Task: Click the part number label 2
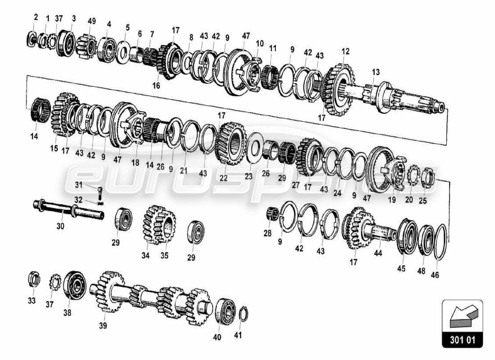click(x=36, y=18)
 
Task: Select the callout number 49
click(x=92, y=21)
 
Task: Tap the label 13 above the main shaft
click(x=376, y=72)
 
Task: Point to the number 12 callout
click(x=345, y=52)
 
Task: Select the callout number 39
click(x=103, y=326)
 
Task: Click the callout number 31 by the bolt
click(x=78, y=184)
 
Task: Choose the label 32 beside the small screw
click(x=78, y=200)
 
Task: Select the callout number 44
click(x=378, y=254)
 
